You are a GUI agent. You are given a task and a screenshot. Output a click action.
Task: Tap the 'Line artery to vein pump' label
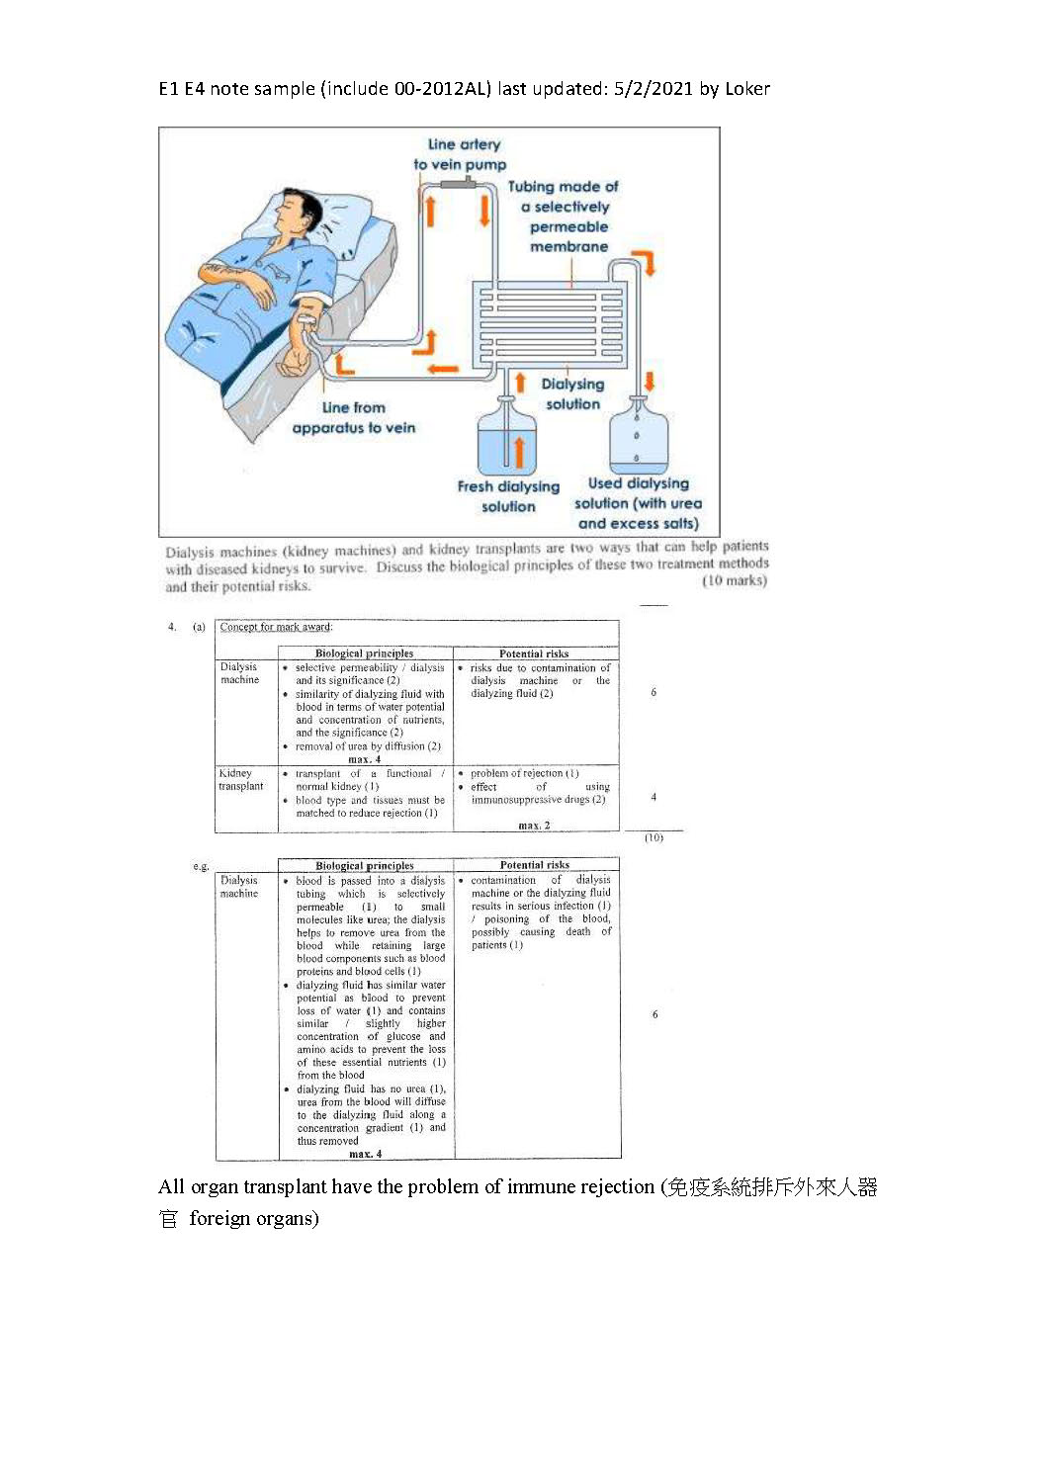(x=461, y=154)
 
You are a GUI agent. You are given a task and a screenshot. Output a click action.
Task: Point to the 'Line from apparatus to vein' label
(x=353, y=417)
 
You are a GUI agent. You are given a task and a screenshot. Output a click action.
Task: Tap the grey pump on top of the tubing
(x=459, y=184)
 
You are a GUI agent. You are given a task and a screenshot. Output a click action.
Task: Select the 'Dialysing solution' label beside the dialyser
(x=572, y=393)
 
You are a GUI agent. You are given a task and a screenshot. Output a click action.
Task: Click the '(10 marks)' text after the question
(x=734, y=581)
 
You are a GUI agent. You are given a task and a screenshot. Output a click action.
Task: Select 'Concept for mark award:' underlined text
(x=276, y=627)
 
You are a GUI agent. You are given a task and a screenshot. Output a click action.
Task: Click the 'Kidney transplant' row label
(x=240, y=780)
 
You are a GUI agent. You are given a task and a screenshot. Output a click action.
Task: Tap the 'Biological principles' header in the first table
(x=364, y=653)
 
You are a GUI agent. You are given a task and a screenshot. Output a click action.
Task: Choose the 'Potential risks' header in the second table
(x=534, y=865)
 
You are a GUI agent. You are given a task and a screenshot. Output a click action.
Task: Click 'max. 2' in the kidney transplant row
(x=534, y=826)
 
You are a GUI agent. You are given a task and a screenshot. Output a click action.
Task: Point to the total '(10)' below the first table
(x=654, y=838)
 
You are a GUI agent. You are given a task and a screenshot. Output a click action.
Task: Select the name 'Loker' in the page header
(x=746, y=89)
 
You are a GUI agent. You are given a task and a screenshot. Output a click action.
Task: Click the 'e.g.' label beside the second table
(x=202, y=867)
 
